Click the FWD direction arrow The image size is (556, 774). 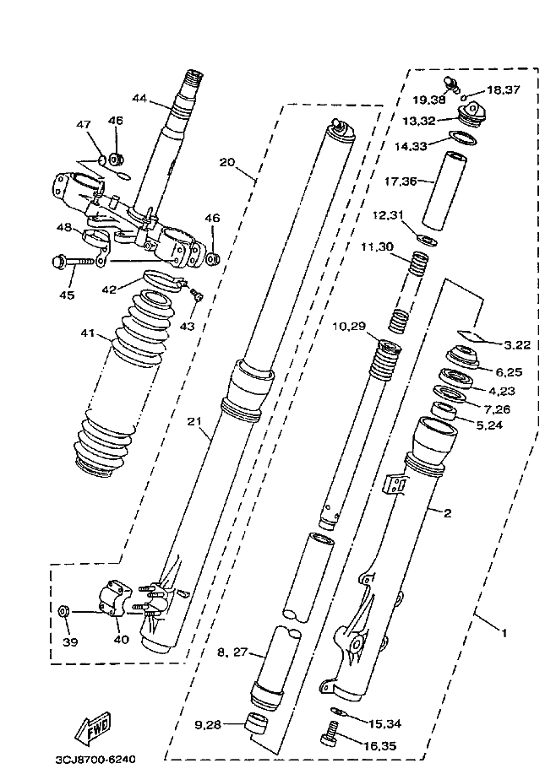pyautogui.click(x=93, y=727)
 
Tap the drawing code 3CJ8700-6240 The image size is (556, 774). pyautogui.click(x=95, y=759)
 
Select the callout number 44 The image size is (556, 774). pyautogui.click(x=140, y=98)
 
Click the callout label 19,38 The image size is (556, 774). pyautogui.click(x=429, y=100)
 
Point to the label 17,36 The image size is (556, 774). pyautogui.click(x=401, y=181)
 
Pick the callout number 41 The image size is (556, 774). pyautogui.click(x=88, y=333)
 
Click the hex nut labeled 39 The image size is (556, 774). pyautogui.click(x=63, y=611)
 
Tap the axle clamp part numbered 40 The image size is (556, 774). pyautogui.click(x=115, y=598)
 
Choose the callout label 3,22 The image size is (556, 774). pyautogui.click(x=517, y=345)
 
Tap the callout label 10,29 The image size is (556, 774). pyautogui.click(x=349, y=327)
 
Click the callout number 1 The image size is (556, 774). pyautogui.click(x=504, y=632)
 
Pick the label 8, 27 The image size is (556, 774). pyautogui.click(x=232, y=652)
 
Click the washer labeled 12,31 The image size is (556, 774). pyautogui.click(x=427, y=240)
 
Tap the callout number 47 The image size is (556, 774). pyautogui.click(x=84, y=124)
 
